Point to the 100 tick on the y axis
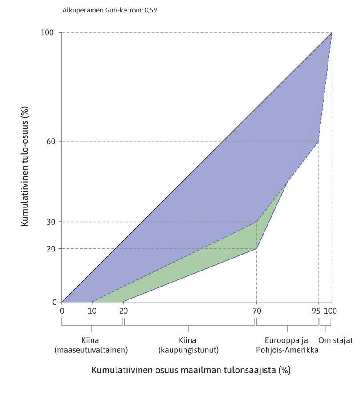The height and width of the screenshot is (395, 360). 48,33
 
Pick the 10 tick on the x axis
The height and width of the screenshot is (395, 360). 92,311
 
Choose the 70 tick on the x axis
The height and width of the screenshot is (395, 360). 257,311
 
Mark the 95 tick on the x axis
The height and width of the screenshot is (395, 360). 316,311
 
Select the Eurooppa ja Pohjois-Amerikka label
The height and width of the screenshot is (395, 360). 287,345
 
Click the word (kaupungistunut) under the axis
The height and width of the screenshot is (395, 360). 188,350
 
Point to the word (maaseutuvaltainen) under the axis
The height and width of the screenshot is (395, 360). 91,350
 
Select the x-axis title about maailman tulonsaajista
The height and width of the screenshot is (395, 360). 191,370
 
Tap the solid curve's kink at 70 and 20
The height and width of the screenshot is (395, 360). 257,248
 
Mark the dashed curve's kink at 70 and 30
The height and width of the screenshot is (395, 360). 257,221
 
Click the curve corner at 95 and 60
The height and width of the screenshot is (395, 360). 318,142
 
